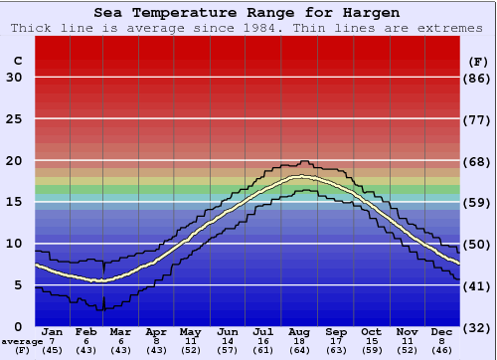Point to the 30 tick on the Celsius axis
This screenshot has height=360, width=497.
tap(14, 78)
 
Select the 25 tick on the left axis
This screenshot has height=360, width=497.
tap(14, 119)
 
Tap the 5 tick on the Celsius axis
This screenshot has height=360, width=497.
tap(18, 285)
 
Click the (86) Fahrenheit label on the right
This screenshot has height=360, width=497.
tap(477, 78)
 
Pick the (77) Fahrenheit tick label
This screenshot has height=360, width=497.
tap(477, 119)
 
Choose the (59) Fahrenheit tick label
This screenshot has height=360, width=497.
tap(477, 203)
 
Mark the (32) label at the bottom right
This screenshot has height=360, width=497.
tap(477, 327)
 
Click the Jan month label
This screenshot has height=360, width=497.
tap(53, 331)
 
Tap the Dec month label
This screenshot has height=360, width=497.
tap(442, 331)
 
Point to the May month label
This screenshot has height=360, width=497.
tap(190, 331)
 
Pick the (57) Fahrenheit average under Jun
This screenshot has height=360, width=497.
tap(227, 350)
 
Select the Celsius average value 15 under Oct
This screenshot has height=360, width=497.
tap(371, 340)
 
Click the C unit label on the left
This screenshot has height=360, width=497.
tap(17, 62)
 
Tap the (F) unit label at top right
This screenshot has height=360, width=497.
tap(477, 62)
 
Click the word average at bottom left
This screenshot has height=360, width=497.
tap(22, 341)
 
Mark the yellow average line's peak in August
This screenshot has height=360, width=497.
tap(297, 177)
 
